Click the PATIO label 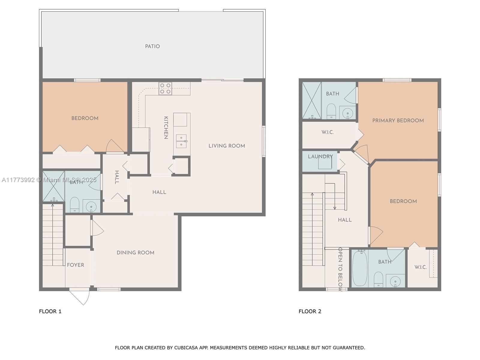click(152, 46)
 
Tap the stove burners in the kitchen click(165, 88)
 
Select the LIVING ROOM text click(226, 146)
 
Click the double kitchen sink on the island click(181, 141)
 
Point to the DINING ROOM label click(135, 253)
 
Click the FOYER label click(75, 265)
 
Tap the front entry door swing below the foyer click(79, 297)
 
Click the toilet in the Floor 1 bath click(74, 205)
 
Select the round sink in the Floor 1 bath click(91, 206)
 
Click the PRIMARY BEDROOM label click(398, 120)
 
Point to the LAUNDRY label click(320, 157)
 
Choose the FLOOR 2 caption click(310, 311)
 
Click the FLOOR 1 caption click(50, 311)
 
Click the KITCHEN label click(166, 128)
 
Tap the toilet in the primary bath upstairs click(331, 111)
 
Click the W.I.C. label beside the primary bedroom click(328, 132)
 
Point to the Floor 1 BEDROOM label click(85, 118)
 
